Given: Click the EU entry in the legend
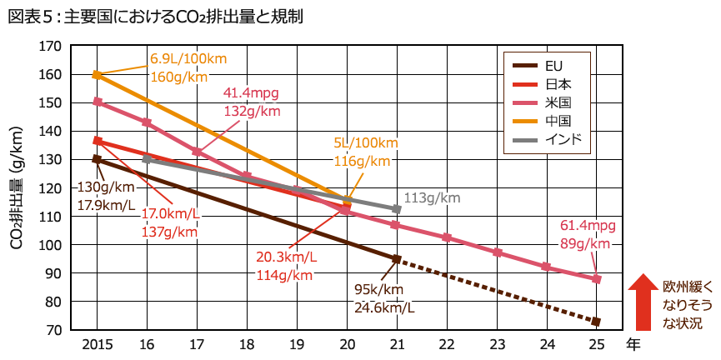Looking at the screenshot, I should point(553,65).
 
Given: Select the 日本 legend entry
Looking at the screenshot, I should point(558,83).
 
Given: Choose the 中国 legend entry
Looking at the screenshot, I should point(558,120).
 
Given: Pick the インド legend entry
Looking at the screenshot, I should point(563,138).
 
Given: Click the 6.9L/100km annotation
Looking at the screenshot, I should point(188,59).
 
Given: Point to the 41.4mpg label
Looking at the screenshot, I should point(251,92).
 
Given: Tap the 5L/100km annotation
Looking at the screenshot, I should point(366,143).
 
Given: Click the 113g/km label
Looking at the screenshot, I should point(432,198).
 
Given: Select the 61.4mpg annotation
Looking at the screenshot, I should point(587,226).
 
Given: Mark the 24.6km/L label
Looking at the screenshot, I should point(384,307).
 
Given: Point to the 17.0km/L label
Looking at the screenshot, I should point(170,214).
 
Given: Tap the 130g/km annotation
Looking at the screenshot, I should point(105,186).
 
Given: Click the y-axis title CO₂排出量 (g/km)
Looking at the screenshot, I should point(16,188).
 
